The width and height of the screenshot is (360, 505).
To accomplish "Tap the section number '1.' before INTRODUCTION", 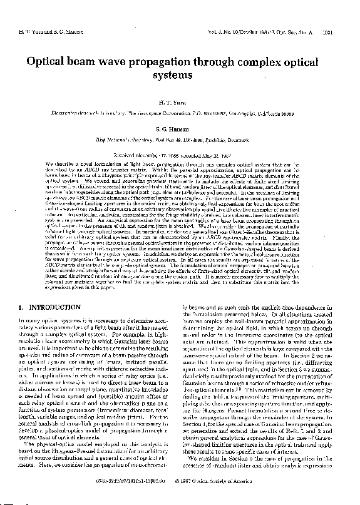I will click(x=22, y=325).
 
